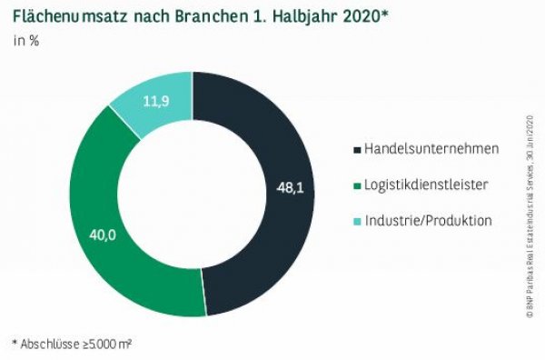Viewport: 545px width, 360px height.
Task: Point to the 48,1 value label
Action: [290, 189]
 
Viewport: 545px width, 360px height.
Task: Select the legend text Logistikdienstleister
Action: [426, 185]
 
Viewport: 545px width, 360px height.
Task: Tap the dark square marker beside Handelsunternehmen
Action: [355, 148]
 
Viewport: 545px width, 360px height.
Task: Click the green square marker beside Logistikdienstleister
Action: [355, 185]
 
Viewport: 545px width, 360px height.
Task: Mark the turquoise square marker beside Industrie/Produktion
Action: [355, 221]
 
